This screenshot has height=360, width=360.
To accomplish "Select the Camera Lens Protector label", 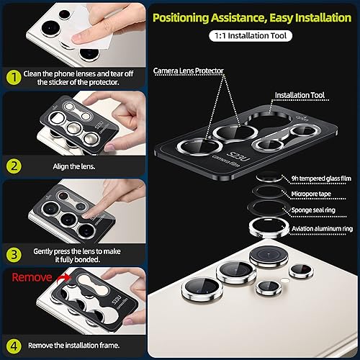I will click(x=189, y=71).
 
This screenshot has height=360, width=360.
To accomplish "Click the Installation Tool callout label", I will click(x=302, y=95).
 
